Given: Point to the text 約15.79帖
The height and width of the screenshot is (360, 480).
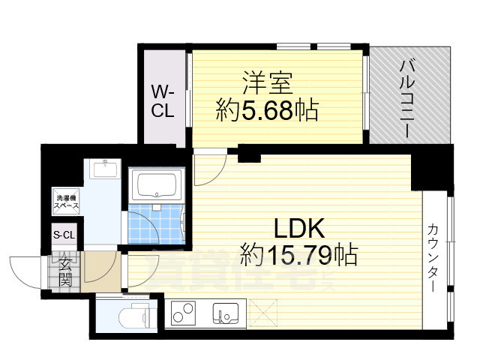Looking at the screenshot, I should click(298, 255).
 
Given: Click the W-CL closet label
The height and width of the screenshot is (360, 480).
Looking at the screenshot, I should click(163, 102).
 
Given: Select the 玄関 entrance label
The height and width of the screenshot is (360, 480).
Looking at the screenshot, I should click(65, 271).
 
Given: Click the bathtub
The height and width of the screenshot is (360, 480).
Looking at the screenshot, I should click(157, 185).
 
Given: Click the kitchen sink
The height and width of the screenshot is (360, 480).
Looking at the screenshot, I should click(223, 313).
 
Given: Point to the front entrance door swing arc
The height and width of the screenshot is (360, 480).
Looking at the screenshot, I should click(26, 269).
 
